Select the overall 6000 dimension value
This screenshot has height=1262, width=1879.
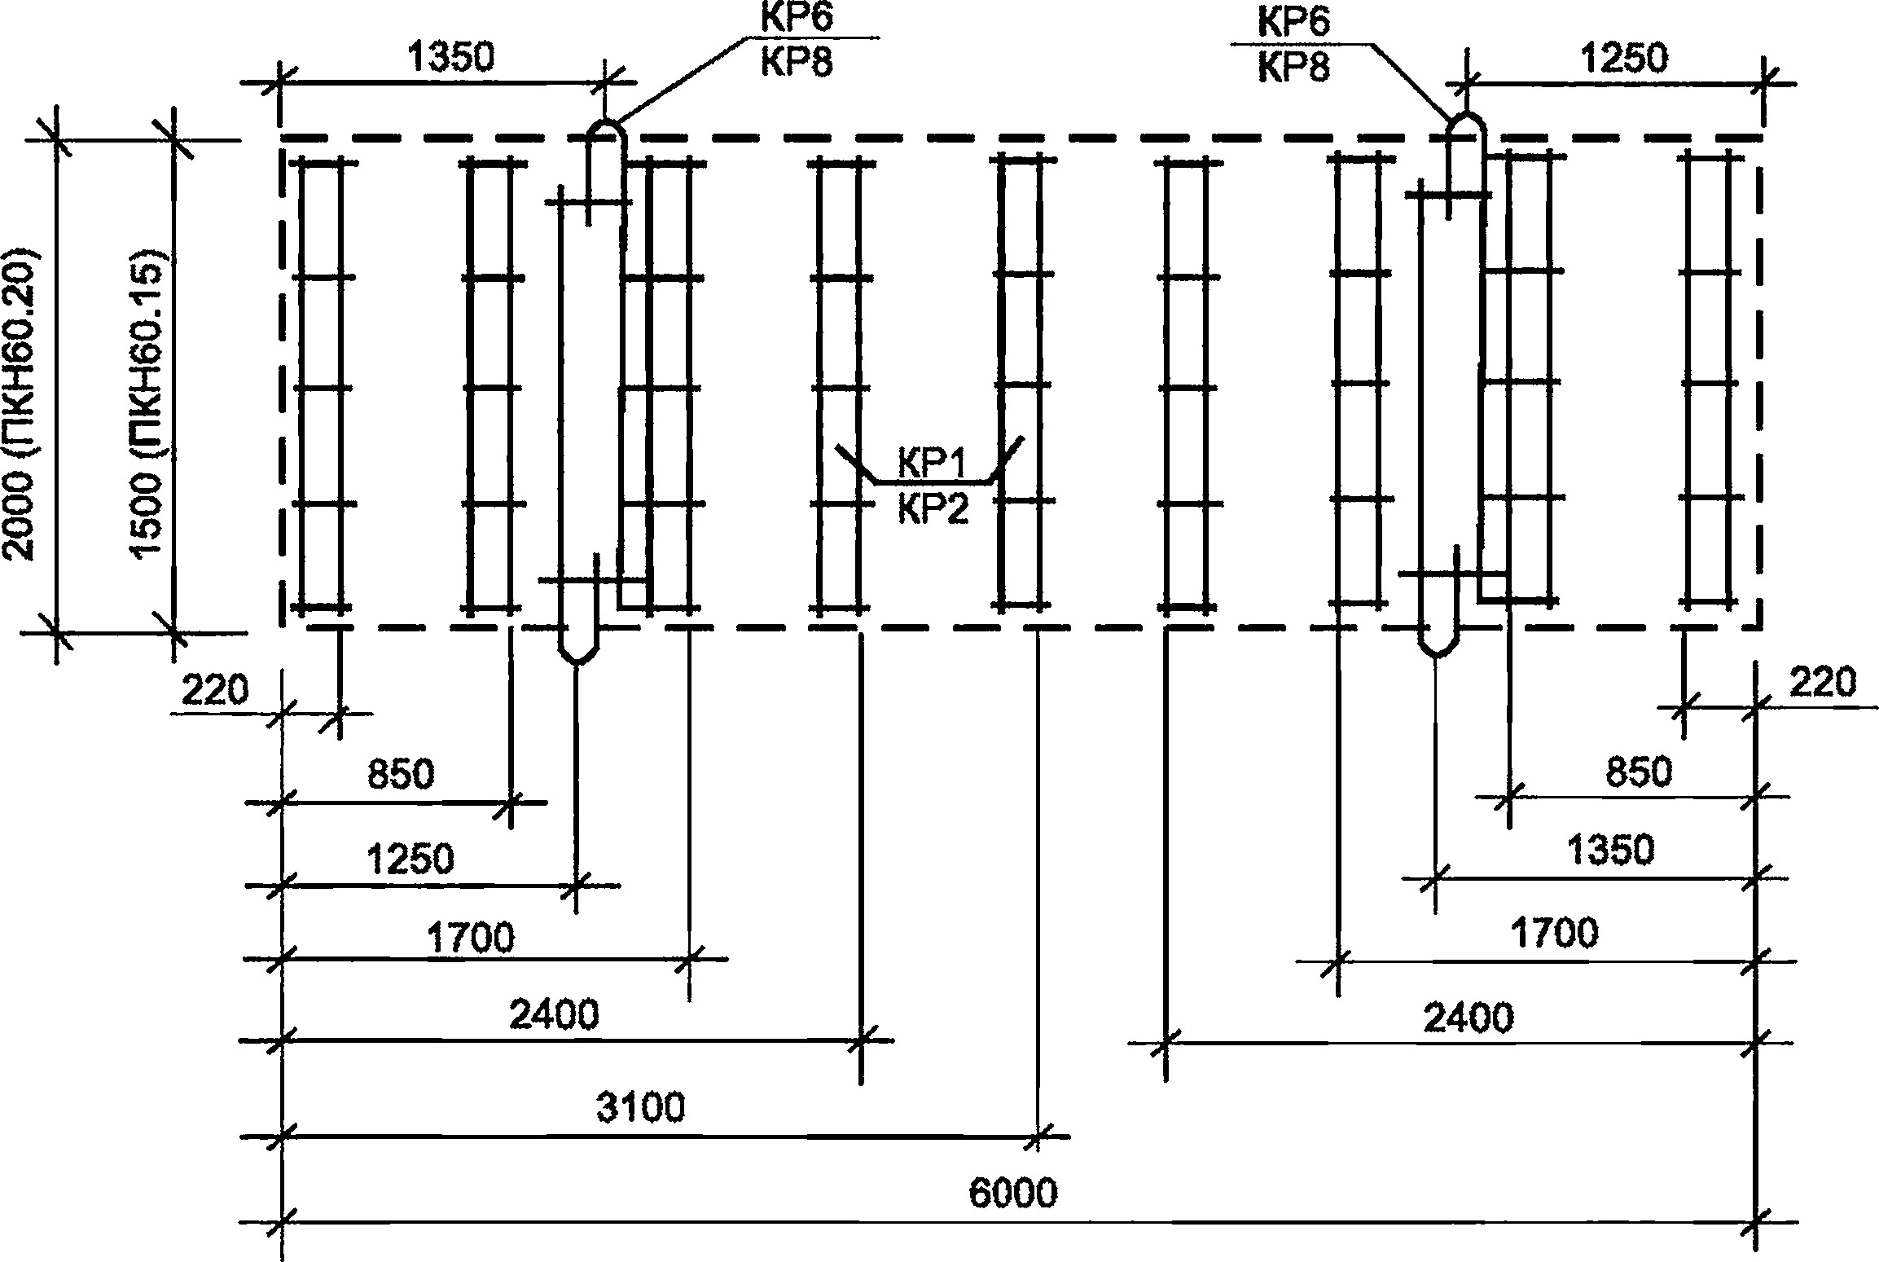click(x=1012, y=1194)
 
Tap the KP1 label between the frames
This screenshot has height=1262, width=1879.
click(x=933, y=464)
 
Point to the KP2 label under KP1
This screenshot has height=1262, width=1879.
click(x=934, y=511)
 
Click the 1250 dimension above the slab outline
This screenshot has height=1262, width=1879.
click(x=1623, y=58)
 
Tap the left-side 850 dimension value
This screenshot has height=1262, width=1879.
click(x=401, y=774)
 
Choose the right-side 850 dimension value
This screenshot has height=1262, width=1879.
click(x=1639, y=772)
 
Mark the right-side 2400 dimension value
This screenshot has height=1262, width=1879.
click(x=1469, y=1018)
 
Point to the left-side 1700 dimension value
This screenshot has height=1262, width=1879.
click(x=471, y=937)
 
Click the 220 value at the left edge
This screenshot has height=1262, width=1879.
click(x=214, y=690)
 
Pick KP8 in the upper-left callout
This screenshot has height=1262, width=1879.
click(x=797, y=62)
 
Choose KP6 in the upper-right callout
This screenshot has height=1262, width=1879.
click(x=1294, y=21)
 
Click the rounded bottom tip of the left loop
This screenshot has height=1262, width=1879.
click(x=577, y=662)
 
